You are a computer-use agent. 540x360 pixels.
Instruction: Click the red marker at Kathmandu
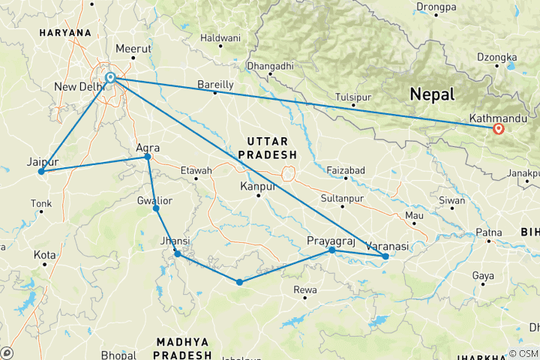pyautogui.click(x=499, y=128)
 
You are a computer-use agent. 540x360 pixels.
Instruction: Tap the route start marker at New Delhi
pyautogui.click(x=110, y=78)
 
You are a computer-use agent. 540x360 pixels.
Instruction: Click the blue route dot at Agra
pyautogui.click(x=147, y=157)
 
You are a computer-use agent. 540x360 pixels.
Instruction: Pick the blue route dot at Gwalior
pyautogui.click(x=156, y=208)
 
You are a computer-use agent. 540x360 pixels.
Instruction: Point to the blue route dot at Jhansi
pyautogui.click(x=178, y=254)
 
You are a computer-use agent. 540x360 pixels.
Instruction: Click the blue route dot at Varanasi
pyautogui.click(x=385, y=256)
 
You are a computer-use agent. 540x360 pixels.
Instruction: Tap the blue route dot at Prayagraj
pyautogui.click(x=331, y=250)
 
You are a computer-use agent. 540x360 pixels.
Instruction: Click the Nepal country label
pyautogui.click(x=432, y=94)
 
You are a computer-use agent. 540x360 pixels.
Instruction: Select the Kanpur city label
pyautogui.click(x=256, y=185)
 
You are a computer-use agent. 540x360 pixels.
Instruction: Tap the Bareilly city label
pyautogui.click(x=215, y=84)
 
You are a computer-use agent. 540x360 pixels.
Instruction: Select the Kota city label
pyautogui.click(x=44, y=255)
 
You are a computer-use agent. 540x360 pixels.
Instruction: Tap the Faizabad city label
pyautogui.click(x=346, y=170)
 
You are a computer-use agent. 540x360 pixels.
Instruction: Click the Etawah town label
pyautogui.click(x=196, y=170)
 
